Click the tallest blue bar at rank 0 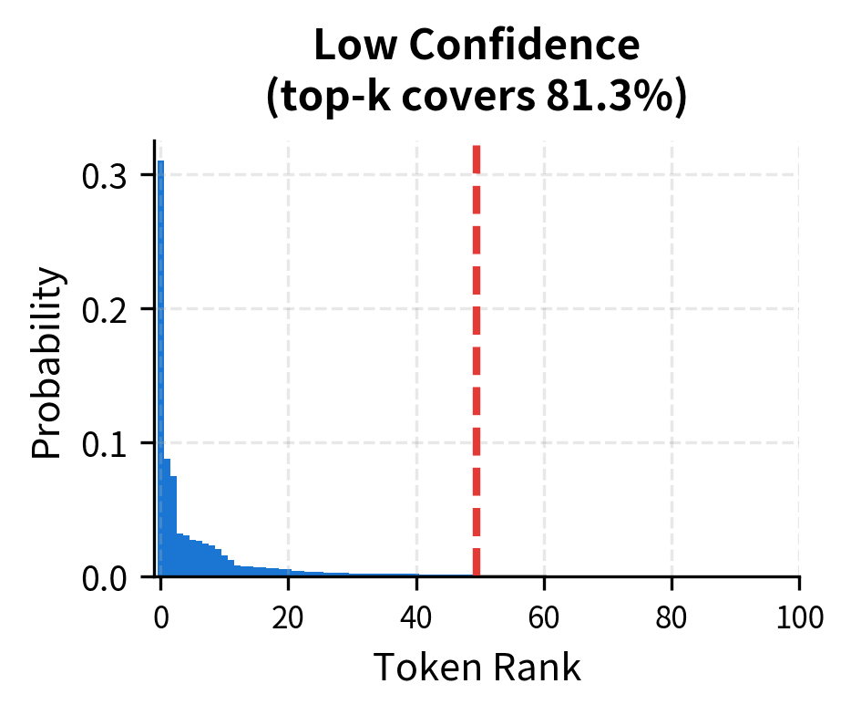[160, 365]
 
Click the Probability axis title [49, 362]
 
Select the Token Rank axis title [477, 668]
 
